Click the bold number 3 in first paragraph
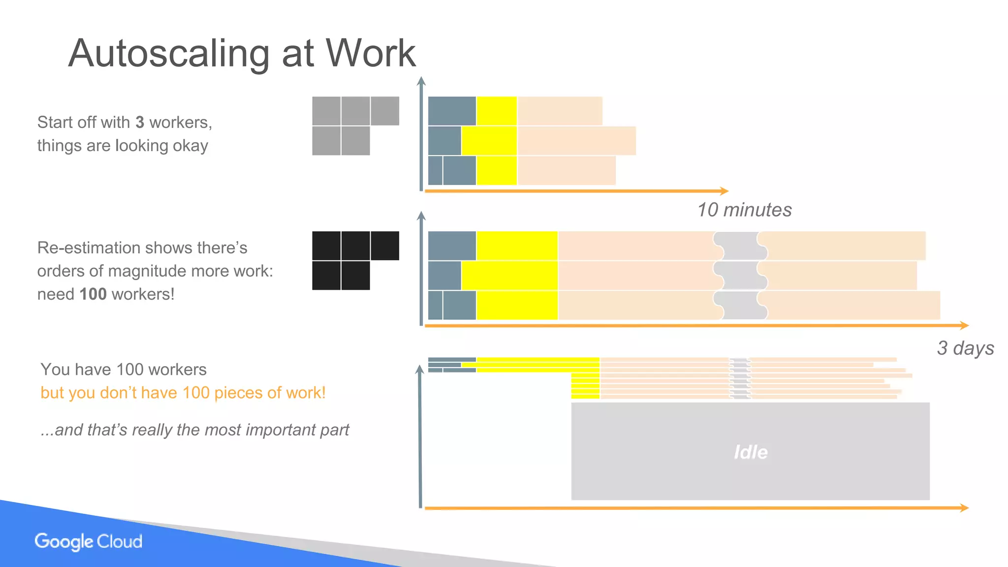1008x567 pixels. pyautogui.click(x=140, y=122)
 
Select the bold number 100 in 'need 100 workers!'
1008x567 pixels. pyautogui.click(x=93, y=294)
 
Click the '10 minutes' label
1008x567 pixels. pyautogui.click(x=744, y=210)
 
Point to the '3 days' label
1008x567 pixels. pyautogui.click(x=965, y=348)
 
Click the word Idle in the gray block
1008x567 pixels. pyautogui.click(x=751, y=452)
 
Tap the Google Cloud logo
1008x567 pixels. pyautogui.click(x=89, y=541)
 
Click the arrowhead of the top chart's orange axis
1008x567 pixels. pyautogui.click(x=724, y=191)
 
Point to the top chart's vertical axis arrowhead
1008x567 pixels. pyautogui.click(x=421, y=82)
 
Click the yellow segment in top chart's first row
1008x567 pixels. pyautogui.click(x=497, y=111)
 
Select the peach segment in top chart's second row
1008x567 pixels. pyautogui.click(x=576, y=141)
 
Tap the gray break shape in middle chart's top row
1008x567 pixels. pyautogui.click(x=740, y=246)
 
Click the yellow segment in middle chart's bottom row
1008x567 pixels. pyautogui.click(x=517, y=305)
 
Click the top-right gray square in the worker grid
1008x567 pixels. pyautogui.click(x=385, y=111)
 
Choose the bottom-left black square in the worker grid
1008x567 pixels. pyautogui.click(x=326, y=276)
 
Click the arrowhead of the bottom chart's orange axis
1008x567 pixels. pyautogui.click(x=964, y=507)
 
